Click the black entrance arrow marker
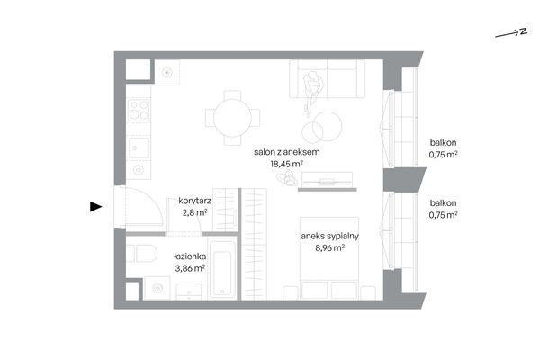(x=95, y=207)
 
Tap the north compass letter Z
(x=524, y=31)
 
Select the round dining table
(x=232, y=118)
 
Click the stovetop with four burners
(x=139, y=110)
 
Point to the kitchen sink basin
(x=139, y=148)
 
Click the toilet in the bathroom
(x=142, y=254)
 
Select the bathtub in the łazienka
(x=222, y=269)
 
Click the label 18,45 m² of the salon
(x=286, y=164)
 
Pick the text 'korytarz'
(x=194, y=201)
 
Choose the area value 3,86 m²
(x=190, y=268)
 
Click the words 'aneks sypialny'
(x=330, y=237)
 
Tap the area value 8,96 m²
(x=330, y=247)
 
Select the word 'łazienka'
(x=190, y=256)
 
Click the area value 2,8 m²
(x=194, y=212)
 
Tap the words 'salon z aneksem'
(x=286, y=152)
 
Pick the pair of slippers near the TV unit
(x=286, y=178)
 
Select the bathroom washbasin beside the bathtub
(x=189, y=292)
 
